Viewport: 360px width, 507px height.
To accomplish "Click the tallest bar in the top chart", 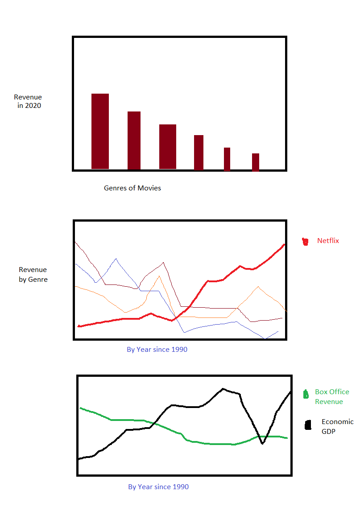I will point(100,132).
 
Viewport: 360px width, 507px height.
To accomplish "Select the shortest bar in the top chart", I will point(256,162).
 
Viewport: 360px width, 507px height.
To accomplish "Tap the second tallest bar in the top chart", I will point(134,140).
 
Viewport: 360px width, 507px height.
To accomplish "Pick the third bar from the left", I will point(168,147).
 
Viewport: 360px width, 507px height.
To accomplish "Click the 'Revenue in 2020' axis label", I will point(28,101).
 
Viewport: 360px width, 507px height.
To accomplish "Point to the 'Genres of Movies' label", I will point(132,188).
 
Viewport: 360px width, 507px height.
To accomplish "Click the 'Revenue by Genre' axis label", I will point(33,275).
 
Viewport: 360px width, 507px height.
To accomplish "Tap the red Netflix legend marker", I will point(306,241).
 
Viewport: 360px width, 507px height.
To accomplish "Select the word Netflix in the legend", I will point(328,241).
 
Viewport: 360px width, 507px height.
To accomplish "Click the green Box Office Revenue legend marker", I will point(306,395).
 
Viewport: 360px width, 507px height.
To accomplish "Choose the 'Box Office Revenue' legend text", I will point(332,396).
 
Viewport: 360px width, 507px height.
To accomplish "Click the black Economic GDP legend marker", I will point(308,425).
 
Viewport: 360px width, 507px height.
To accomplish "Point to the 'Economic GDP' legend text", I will point(337,426).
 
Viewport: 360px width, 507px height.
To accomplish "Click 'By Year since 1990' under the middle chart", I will point(157,350).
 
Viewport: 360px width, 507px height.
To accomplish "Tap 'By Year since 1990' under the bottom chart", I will point(158,487).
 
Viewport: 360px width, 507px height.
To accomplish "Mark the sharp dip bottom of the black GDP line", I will point(262,443).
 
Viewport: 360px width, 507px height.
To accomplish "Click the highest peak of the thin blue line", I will point(116,259).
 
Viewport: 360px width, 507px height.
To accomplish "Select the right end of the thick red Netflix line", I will point(284,244).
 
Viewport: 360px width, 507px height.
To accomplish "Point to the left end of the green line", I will point(80,408).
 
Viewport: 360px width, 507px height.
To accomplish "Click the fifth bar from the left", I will point(227,159).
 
